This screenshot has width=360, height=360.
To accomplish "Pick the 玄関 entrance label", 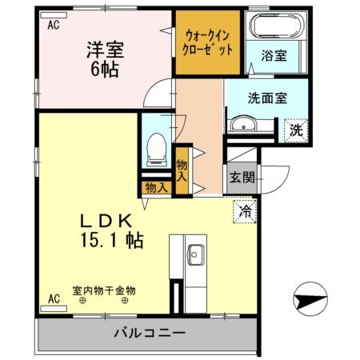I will coord(239,177).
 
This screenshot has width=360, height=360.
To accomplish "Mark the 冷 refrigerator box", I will coord(244,212).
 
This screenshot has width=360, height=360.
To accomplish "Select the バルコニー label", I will coord(149,332).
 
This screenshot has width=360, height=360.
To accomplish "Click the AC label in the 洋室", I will coord(54,25).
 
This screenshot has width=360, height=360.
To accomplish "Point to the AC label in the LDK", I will coord(54,300).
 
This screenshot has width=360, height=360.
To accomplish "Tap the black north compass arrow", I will coord(310,302).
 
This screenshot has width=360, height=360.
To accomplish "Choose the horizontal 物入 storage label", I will coord(155,189).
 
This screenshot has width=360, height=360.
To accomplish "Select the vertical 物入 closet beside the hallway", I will coord(182,170).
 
